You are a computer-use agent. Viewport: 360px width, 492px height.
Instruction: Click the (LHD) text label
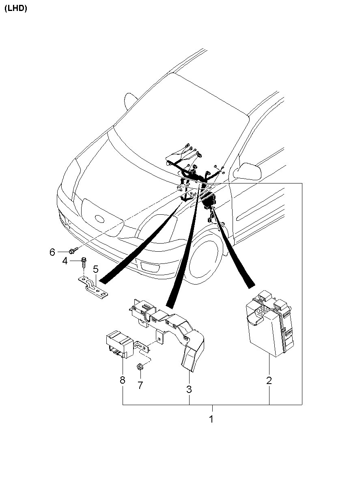coord(16,9)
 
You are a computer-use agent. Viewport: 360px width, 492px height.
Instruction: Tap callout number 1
coord(211,419)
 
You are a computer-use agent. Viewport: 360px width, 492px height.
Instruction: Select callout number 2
coord(269,381)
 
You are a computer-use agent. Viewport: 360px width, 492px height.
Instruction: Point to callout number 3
coord(189,390)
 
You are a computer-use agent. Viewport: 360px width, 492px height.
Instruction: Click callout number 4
coord(65,261)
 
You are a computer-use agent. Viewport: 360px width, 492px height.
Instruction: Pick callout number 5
coord(96,269)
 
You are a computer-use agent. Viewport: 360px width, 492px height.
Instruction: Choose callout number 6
coord(52,252)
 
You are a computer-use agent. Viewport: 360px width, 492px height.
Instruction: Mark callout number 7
coord(140,385)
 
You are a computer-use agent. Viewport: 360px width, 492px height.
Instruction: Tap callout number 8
coord(123,380)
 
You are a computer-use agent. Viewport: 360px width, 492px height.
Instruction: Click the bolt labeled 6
coord(73,251)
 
